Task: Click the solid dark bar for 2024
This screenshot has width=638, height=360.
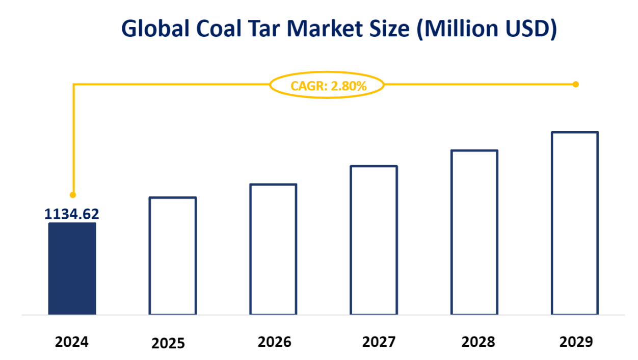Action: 72,269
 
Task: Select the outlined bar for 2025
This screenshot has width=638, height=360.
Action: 173,255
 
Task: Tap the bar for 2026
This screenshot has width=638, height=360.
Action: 273,249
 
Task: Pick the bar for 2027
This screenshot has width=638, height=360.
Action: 374,240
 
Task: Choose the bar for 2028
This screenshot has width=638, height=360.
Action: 474,232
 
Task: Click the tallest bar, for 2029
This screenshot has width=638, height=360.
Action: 574,223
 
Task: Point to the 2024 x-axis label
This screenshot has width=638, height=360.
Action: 72,342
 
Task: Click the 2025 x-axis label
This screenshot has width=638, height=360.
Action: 168,343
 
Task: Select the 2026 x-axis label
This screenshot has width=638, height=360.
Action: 274,342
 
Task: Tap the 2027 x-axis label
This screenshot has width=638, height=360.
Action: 379,342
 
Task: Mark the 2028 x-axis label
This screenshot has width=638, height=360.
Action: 478,342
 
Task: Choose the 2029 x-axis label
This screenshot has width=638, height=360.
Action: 576,342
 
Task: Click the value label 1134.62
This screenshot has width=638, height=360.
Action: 72,214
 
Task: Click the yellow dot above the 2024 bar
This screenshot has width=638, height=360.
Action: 73,195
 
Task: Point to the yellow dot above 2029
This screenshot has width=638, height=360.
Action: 576,84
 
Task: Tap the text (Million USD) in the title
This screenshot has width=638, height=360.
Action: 487,30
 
